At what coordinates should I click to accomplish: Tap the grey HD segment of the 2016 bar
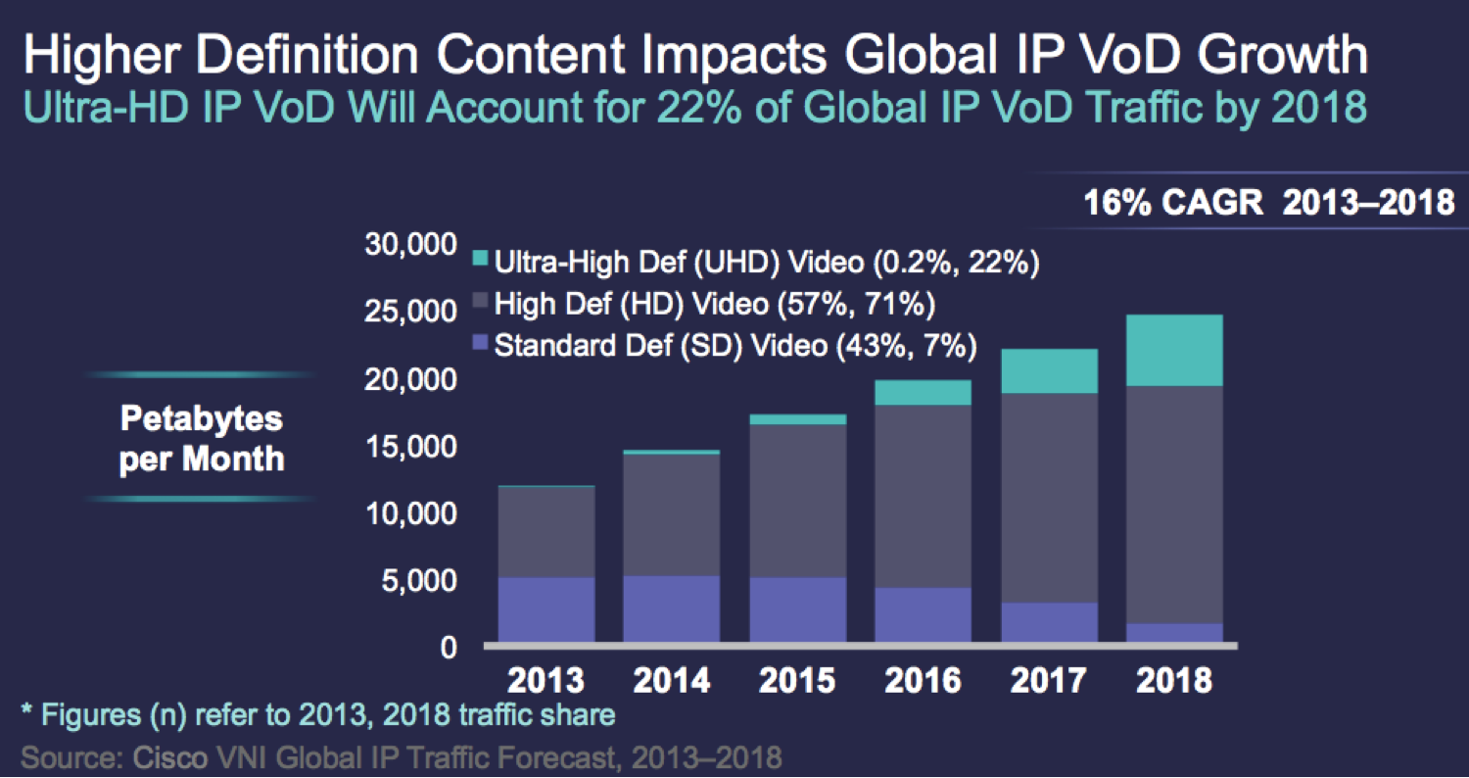923,496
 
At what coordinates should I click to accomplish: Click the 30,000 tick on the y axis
411,245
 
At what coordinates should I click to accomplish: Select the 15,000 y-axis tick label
411,447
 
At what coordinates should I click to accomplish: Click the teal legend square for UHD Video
480,261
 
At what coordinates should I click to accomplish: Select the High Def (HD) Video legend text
715,304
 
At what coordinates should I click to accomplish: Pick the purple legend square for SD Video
480,344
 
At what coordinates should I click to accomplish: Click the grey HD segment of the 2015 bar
797,500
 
